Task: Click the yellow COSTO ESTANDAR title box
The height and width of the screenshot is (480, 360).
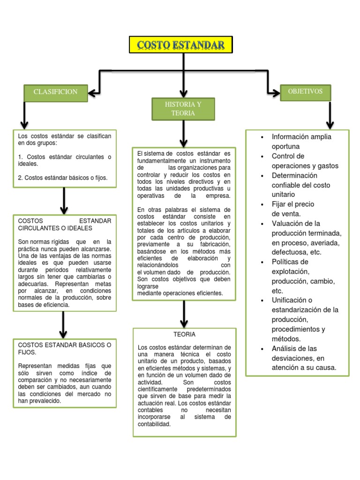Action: pos(180,45)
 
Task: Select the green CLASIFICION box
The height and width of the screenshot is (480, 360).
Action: pos(55,92)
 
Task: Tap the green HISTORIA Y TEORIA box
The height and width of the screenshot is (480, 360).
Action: pos(183,109)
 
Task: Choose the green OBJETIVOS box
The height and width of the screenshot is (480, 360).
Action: pos(305,92)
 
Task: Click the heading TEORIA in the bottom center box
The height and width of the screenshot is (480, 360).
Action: pos(184,335)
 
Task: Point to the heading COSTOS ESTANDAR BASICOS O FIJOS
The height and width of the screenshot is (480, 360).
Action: pos(64,348)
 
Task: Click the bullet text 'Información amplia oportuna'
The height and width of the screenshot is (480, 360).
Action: pos(301,142)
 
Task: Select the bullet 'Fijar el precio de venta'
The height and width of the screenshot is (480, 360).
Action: pos(293,209)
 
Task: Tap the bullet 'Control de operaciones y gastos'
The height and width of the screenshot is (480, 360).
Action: pos(305,161)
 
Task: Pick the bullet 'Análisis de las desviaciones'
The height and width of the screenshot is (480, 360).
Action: pos(304,358)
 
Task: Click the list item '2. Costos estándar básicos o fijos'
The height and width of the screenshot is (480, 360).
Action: pos(62,178)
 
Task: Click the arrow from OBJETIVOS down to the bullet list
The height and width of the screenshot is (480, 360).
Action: pos(330,115)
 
